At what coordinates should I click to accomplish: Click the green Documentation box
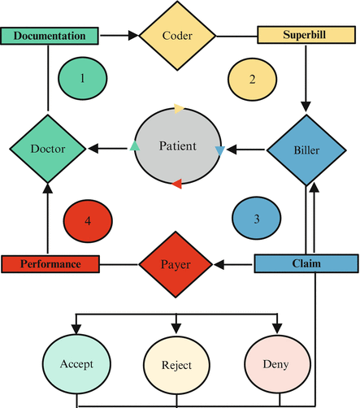50,36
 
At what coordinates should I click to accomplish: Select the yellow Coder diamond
177,36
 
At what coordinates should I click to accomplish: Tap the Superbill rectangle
306,35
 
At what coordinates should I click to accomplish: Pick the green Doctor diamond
48,149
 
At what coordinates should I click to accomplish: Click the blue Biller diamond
306,150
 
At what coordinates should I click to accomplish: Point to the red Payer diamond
176,264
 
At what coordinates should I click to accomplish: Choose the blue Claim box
306,263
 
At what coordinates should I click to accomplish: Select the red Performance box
50,264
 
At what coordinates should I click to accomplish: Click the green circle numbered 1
83,78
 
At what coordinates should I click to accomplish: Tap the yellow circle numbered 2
252,80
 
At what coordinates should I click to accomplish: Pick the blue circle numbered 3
256,218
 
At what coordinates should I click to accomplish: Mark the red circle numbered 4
88,221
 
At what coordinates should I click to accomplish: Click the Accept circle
76,364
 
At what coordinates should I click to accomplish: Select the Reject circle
176,365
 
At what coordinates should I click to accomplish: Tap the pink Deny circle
277,364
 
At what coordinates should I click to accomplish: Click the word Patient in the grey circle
178,146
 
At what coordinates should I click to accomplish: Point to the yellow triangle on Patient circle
179,109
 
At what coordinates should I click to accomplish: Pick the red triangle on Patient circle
177,184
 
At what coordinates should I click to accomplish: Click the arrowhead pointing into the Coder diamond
133,35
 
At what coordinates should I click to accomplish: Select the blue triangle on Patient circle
220,151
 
